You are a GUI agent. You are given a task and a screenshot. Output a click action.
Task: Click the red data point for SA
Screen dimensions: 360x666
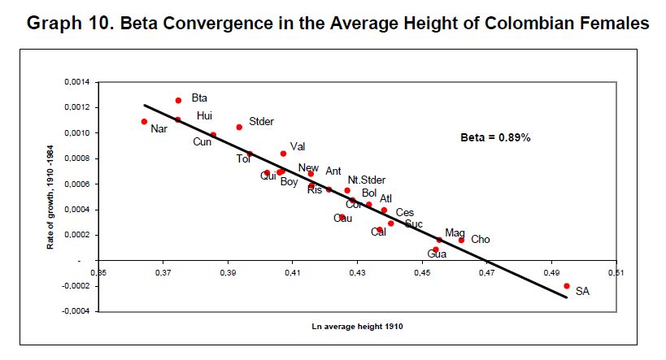[x=566, y=285]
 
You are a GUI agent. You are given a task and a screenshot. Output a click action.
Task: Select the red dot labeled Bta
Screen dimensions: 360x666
[x=178, y=100]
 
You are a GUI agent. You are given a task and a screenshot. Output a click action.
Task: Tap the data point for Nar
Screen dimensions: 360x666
[x=144, y=121]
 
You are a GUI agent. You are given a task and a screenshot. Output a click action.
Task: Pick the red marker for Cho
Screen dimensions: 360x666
[x=461, y=240]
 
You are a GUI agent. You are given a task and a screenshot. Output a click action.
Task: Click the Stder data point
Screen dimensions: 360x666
[x=239, y=127]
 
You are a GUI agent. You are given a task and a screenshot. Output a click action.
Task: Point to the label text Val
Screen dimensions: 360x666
[x=298, y=146]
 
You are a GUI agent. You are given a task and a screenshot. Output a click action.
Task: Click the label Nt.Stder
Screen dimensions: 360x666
[x=366, y=180]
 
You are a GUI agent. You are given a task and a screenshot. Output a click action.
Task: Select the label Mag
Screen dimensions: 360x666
[x=455, y=232]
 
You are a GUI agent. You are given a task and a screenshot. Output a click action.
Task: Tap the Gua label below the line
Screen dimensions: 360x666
[x=437, y=254]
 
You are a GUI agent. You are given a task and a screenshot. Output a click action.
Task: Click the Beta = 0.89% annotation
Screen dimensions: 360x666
[x=495, y=138]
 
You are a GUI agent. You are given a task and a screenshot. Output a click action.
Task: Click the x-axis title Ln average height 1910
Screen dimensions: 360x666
[x=357, y=326]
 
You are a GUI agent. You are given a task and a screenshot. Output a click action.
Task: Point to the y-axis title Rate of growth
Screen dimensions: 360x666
[x=50, y=197]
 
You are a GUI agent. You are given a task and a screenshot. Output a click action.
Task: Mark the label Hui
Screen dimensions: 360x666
[x=204, y=115]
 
